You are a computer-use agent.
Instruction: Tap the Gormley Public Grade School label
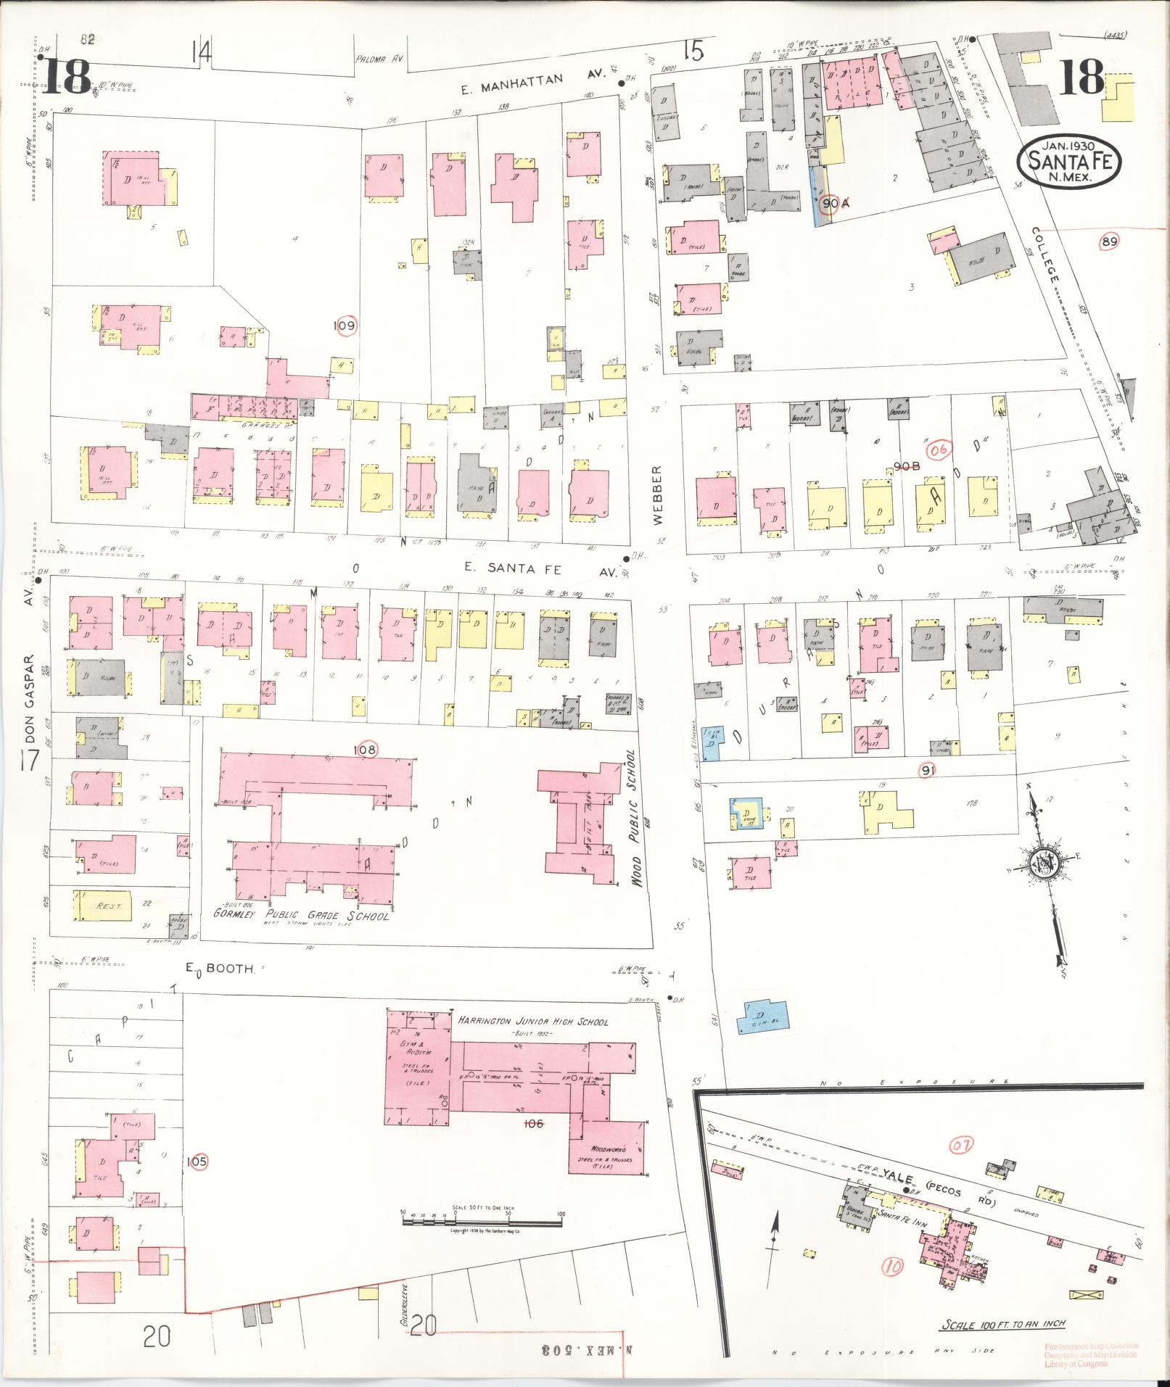[x=301, y=916]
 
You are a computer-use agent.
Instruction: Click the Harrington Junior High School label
[x=533, y=1022]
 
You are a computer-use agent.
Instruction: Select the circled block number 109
[x=345, y=326]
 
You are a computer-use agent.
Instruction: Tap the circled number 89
[x=1108, y=242]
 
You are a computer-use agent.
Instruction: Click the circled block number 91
[x=926, y=771]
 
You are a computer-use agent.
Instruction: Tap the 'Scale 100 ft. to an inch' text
[x=1002, y=1324]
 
